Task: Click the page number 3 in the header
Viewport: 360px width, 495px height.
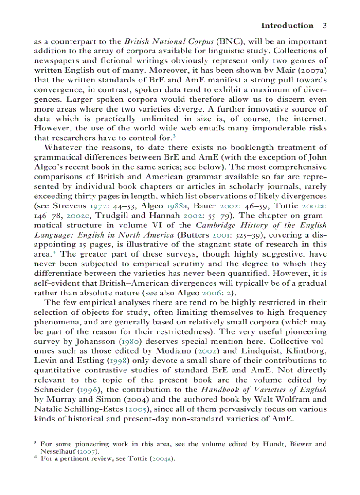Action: point(325,26)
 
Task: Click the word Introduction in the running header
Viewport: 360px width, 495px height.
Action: point(287,26)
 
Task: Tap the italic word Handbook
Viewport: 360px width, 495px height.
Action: point(221,389)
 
